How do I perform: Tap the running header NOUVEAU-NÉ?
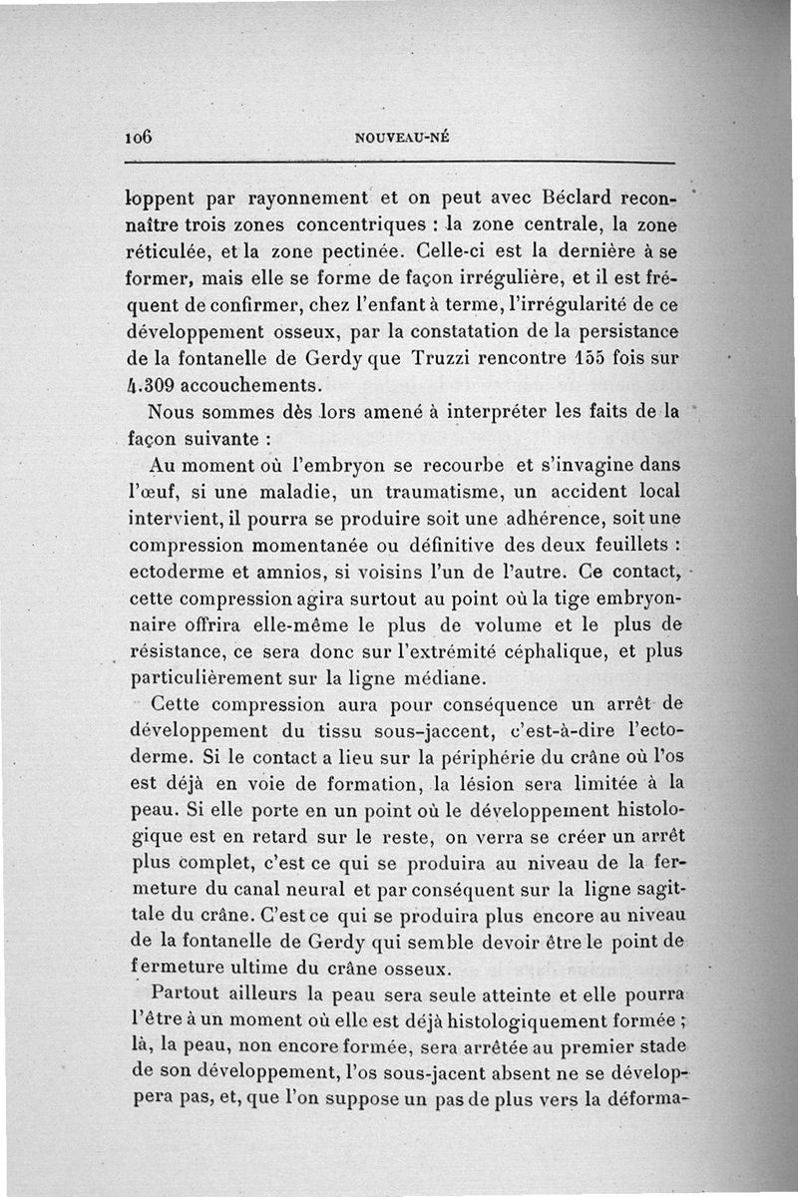[402, 140]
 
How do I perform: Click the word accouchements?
[261, 384]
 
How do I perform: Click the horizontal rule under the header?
[402, 163]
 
